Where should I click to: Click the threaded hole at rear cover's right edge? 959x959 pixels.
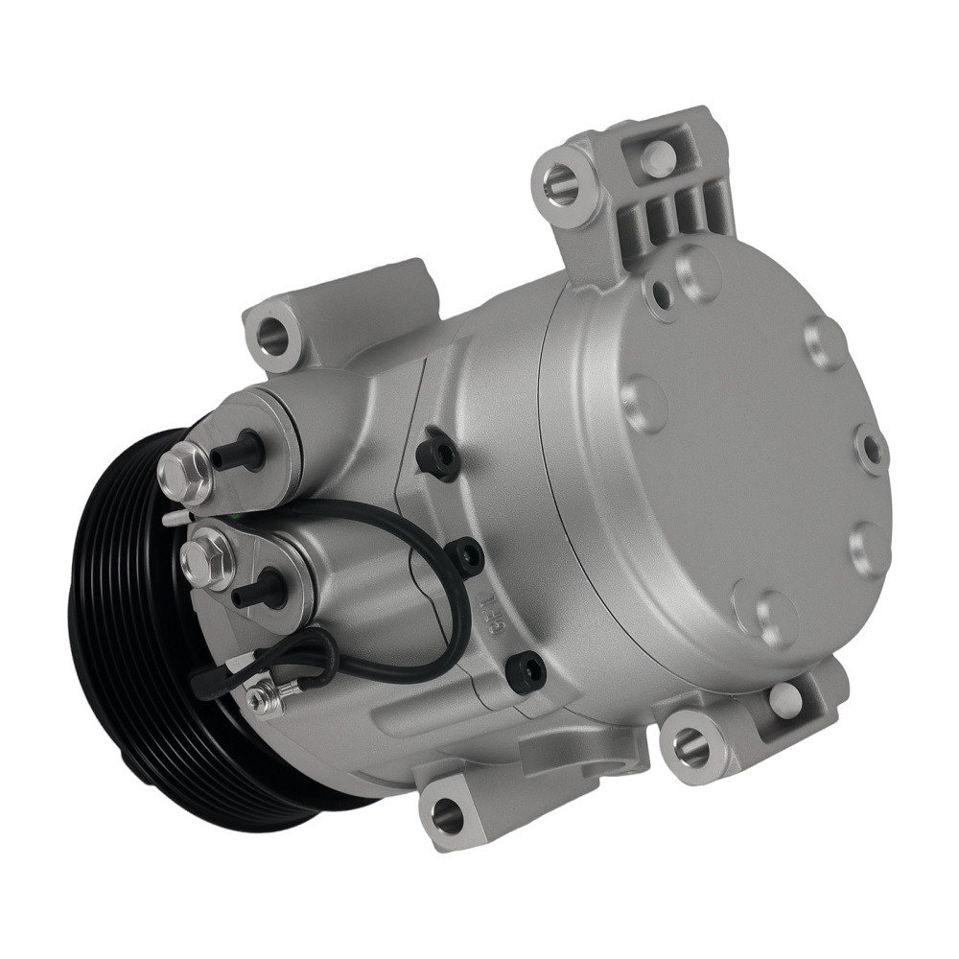(x=871, y=448)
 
